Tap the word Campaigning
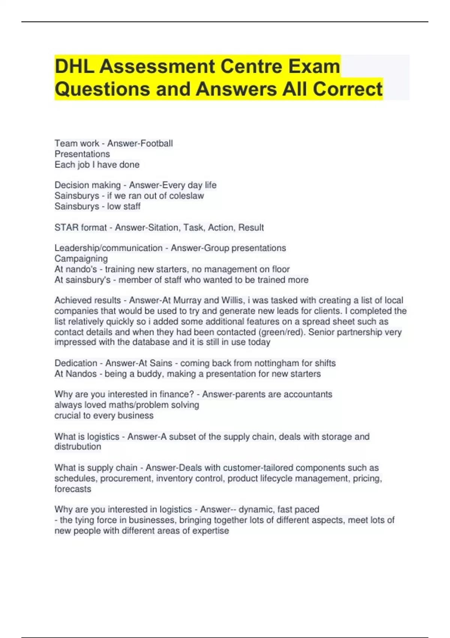point(81,259)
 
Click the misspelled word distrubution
point(78,447)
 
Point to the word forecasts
point(73,489)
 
